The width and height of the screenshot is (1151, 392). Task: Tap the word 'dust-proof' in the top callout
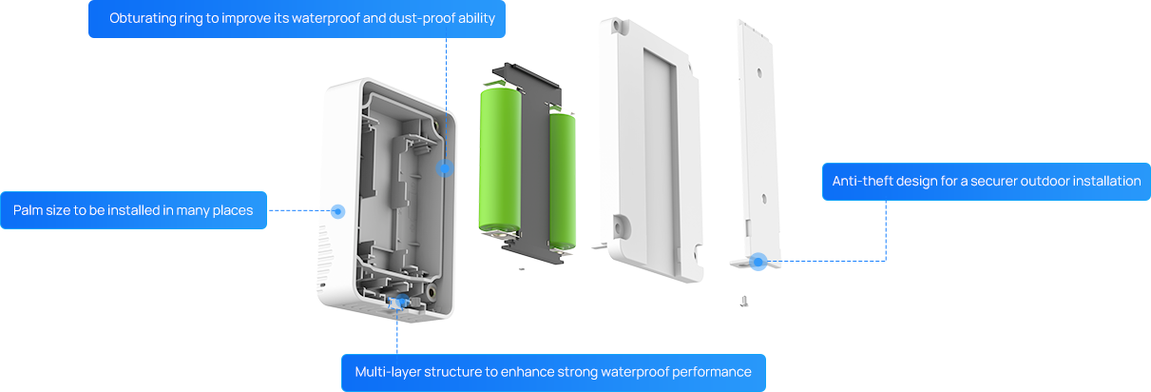click(x=415, y=19)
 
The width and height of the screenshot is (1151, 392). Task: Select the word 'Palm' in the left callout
click(x=29, y=210)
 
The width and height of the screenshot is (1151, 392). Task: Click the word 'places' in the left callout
click(x=232, y=210)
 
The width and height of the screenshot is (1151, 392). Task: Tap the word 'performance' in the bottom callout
click(x=713, y=372)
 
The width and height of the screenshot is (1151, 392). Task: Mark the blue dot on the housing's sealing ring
click(x=444, y=168)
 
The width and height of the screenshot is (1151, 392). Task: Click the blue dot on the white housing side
click(x=336, y=211)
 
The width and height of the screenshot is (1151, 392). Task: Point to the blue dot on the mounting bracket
click(x=758, y=261)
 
